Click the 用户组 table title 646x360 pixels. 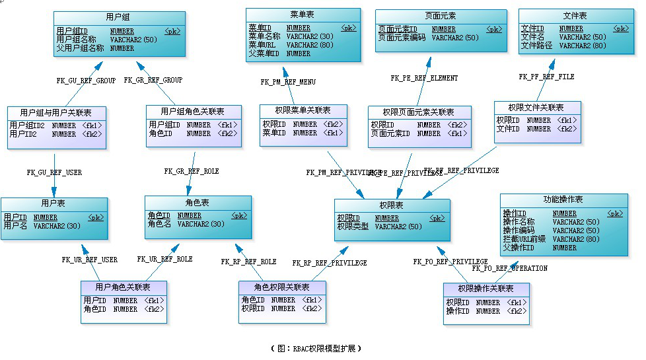pyautogui.click(x=118, y=16)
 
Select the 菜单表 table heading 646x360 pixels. pyautogui.click(x=303, y=14)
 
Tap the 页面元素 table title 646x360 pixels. pyautogui.click(x=440, y=16)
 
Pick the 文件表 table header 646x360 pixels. pyautogui.click(x=575, y=15)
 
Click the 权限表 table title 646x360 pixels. pyautogui.click(x=391, y=205)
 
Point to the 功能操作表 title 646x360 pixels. pyautogui.click(x=563, y=199)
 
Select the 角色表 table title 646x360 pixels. pyautogui.click(x=197, y=202)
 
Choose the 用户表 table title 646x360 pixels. pyautogui.click(x=54, y=203)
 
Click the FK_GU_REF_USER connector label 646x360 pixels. pyautogui.click(x=54, y=172)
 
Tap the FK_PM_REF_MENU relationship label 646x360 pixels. pyautogui.click(x=288, y=83)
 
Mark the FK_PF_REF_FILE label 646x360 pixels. pyautogui.click(x=546, y=77)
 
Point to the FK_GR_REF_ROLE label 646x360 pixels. pyautogui.click(x=192, y=171)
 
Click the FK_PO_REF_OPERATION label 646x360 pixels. pyautogui.click(x=509, y=269)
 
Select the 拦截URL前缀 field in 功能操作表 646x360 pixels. pyautogui.click(x=524, y=239)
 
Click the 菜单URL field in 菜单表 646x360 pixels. pyautogui.click(x=262, y=45)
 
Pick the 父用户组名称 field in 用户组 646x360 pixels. pyautogui.click(x=80, y=48)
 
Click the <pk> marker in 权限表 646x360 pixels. pyautogui.click(x=437, y=218)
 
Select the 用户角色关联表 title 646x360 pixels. pyautogui.click(x=123, y=287)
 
